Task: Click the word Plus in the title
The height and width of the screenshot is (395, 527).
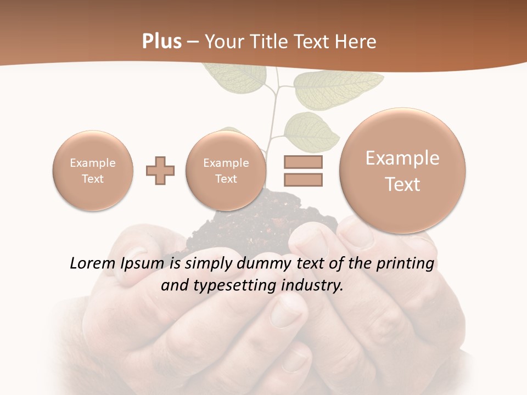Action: pos(161,42)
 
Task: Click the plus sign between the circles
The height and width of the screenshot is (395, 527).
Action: pos(160,170)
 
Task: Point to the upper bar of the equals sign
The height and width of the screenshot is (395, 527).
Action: pos(303,162)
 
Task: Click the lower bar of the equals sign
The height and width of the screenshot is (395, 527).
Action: pos(303,179)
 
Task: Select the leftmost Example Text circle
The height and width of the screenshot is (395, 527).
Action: pos(93,171)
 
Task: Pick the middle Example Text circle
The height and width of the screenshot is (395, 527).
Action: pos(226,171)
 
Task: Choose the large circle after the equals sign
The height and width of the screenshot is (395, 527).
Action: pos(402,170)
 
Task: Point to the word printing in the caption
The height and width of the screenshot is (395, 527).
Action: pos(405,264)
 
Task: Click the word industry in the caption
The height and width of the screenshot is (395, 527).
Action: pos(313,286)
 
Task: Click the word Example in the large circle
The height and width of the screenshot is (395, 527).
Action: pos(402,158)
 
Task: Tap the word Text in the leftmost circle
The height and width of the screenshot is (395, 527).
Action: pos(93,179)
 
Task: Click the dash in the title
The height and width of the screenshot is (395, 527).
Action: pos(193,42)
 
